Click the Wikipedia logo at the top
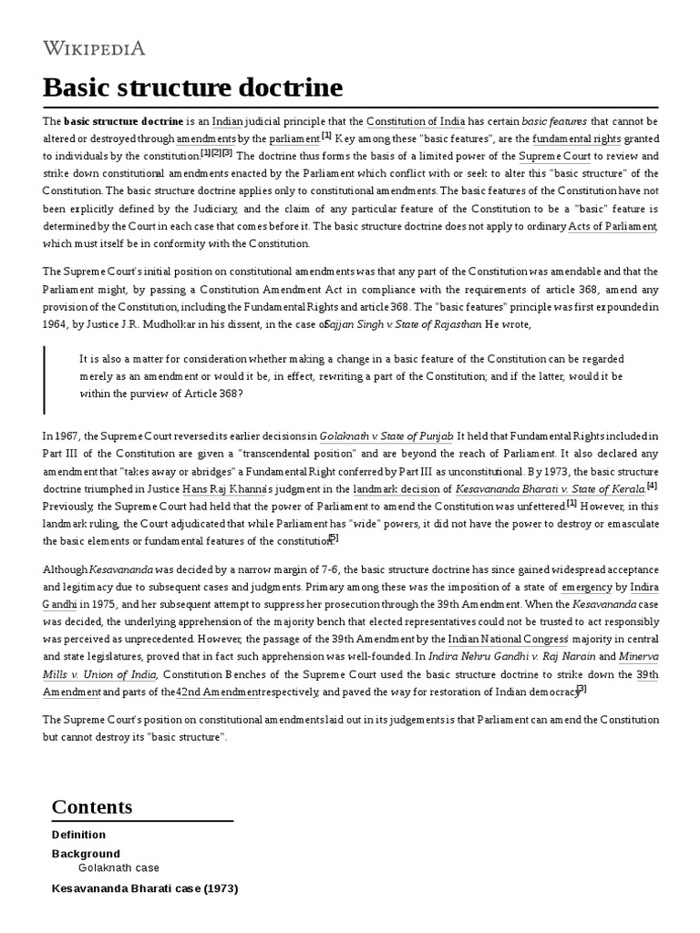click(94, 47)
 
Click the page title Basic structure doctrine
click(193, 88)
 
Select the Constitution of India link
click(416, 121)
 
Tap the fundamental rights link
click(576, 138)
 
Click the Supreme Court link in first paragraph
click(552, 157)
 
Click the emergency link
click(586, 585)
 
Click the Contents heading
click(92, 806)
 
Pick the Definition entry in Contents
click(78, 835)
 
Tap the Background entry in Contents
click(86, 854)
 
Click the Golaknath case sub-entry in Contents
click(118, 869)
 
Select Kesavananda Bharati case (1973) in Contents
click(145, 887)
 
